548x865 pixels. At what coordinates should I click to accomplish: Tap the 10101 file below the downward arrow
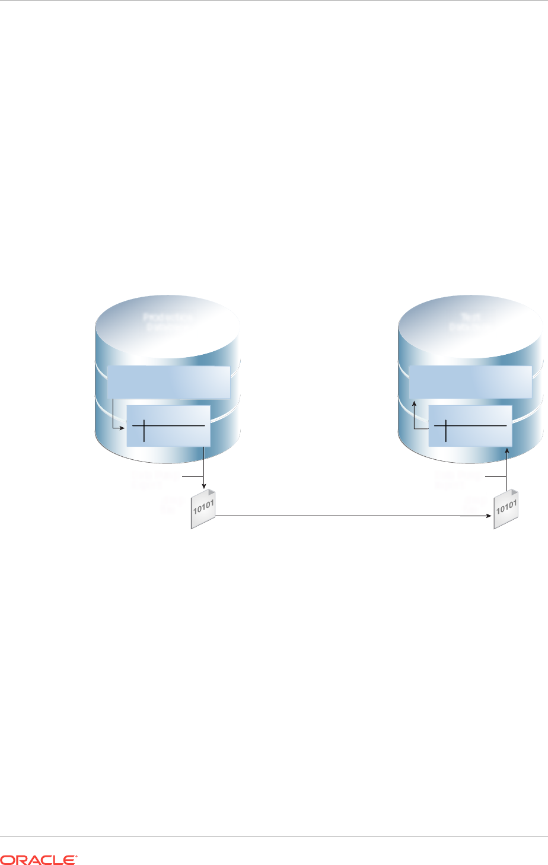tap(203, 509)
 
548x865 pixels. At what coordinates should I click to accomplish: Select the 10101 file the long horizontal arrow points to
tap(506, 509)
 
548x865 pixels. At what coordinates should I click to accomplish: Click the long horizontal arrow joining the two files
tap(350, 516)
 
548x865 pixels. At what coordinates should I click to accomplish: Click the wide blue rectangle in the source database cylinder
tap(168, 382)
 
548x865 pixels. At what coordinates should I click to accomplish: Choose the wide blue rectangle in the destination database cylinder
tap(470, 382)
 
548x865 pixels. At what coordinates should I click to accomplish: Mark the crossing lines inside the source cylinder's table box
tap(144, 426)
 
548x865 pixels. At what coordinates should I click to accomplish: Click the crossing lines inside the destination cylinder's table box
tap(446, 426)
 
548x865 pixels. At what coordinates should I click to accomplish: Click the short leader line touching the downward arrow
tap(192, 476)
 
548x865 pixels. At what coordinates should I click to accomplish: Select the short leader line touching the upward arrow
tap(496, 476)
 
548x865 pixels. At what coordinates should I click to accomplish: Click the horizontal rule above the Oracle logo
tap(274, 837)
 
